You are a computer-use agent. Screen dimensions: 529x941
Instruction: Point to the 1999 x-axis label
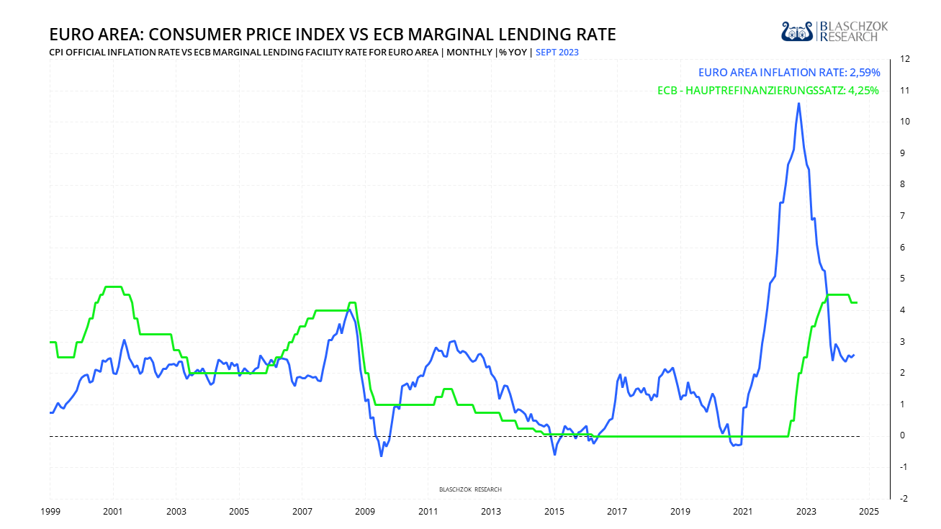[50, 512]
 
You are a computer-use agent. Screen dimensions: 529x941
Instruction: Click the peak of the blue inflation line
[798, 104]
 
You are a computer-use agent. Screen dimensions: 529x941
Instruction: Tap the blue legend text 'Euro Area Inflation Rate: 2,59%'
[788, 73]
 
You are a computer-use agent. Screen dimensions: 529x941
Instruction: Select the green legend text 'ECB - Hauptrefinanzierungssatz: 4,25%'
[768, 91]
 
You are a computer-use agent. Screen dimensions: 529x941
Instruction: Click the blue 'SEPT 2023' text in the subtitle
[557, 53]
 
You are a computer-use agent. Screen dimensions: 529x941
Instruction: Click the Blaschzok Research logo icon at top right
[797, 31]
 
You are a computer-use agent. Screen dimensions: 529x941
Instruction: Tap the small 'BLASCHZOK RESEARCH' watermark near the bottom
[470, 489]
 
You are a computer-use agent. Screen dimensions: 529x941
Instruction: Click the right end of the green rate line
[857, 302]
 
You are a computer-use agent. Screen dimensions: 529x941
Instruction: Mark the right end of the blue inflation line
[854, 354]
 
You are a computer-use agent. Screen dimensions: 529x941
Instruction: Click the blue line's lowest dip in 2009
[382, 456]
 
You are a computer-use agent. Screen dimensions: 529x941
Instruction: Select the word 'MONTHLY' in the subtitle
[469, 53]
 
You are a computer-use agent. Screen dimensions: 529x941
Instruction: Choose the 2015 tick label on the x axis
[554, 512]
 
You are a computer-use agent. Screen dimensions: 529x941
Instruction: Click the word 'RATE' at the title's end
[594, 35]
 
